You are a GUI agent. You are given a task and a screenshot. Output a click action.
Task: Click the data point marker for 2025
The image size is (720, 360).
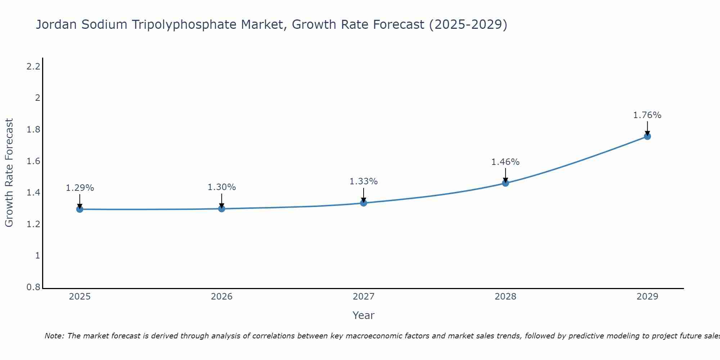click(80, 209)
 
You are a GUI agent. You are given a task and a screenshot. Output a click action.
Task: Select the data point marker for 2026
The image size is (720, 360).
click(222, 208)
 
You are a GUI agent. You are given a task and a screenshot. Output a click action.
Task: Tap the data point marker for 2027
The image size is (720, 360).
click(364, 203)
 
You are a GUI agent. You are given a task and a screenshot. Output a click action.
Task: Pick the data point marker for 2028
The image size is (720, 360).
click(505, 183)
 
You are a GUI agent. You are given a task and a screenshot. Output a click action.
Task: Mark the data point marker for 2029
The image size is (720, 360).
click(647, 136)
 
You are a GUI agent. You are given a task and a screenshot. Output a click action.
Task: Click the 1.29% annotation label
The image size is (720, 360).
click(80, 188)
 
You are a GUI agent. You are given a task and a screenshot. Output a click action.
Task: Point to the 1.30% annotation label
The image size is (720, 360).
click(222, 187)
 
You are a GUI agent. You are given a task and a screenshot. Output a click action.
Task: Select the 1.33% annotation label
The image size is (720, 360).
click(364, 181)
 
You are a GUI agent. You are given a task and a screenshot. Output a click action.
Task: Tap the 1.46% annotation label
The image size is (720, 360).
click(505, 162)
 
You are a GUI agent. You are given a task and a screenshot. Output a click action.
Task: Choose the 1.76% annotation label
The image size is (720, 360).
click(647, 115)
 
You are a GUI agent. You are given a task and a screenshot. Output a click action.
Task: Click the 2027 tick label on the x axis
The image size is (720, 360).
click(364, 297)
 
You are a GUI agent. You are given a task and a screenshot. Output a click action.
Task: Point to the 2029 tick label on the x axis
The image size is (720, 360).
click(647, 297)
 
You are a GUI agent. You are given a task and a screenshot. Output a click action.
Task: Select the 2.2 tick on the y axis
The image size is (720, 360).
click(33, 67)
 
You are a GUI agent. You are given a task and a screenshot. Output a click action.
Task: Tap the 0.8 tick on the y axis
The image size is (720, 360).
click(33, 287)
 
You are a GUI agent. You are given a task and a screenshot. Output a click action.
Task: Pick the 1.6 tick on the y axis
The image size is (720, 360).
click(33, 161)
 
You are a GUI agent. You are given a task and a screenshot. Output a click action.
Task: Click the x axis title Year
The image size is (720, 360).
click(364, 315)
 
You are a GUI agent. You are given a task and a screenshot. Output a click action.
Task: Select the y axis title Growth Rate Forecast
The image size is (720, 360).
click(9, 173)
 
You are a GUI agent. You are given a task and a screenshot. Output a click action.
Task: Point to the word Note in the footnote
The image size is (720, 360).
click(54, 336)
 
